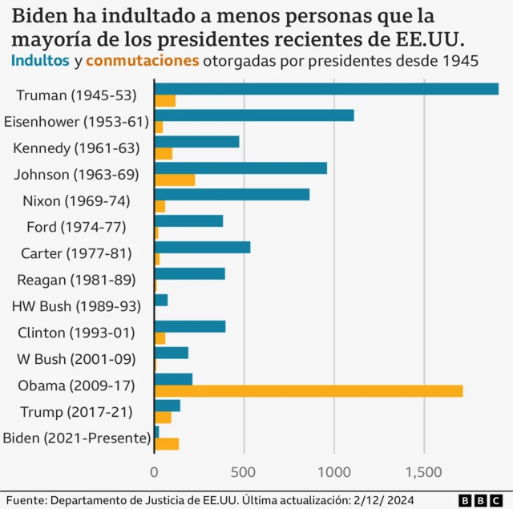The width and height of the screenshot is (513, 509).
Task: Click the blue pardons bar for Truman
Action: [x=325, y=89]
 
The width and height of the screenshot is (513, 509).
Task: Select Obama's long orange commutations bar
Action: [x=308, y=391]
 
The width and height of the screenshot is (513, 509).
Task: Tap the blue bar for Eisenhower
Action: [x=253, y=115]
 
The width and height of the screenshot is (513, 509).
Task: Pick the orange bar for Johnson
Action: [x=174, y=180]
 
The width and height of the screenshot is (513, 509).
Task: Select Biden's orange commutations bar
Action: [x=166, y=444]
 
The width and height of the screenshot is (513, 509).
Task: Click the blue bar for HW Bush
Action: [x=160, y=300]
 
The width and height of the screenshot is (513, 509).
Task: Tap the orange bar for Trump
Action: [x=162, y=418]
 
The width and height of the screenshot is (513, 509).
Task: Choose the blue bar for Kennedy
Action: [x=196, y=142]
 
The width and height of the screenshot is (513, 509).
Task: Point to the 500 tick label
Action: [x=244, y=472]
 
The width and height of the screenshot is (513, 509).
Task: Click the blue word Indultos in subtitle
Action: [x=40, y=62]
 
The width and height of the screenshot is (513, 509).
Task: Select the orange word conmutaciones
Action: [x=143, y=62]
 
